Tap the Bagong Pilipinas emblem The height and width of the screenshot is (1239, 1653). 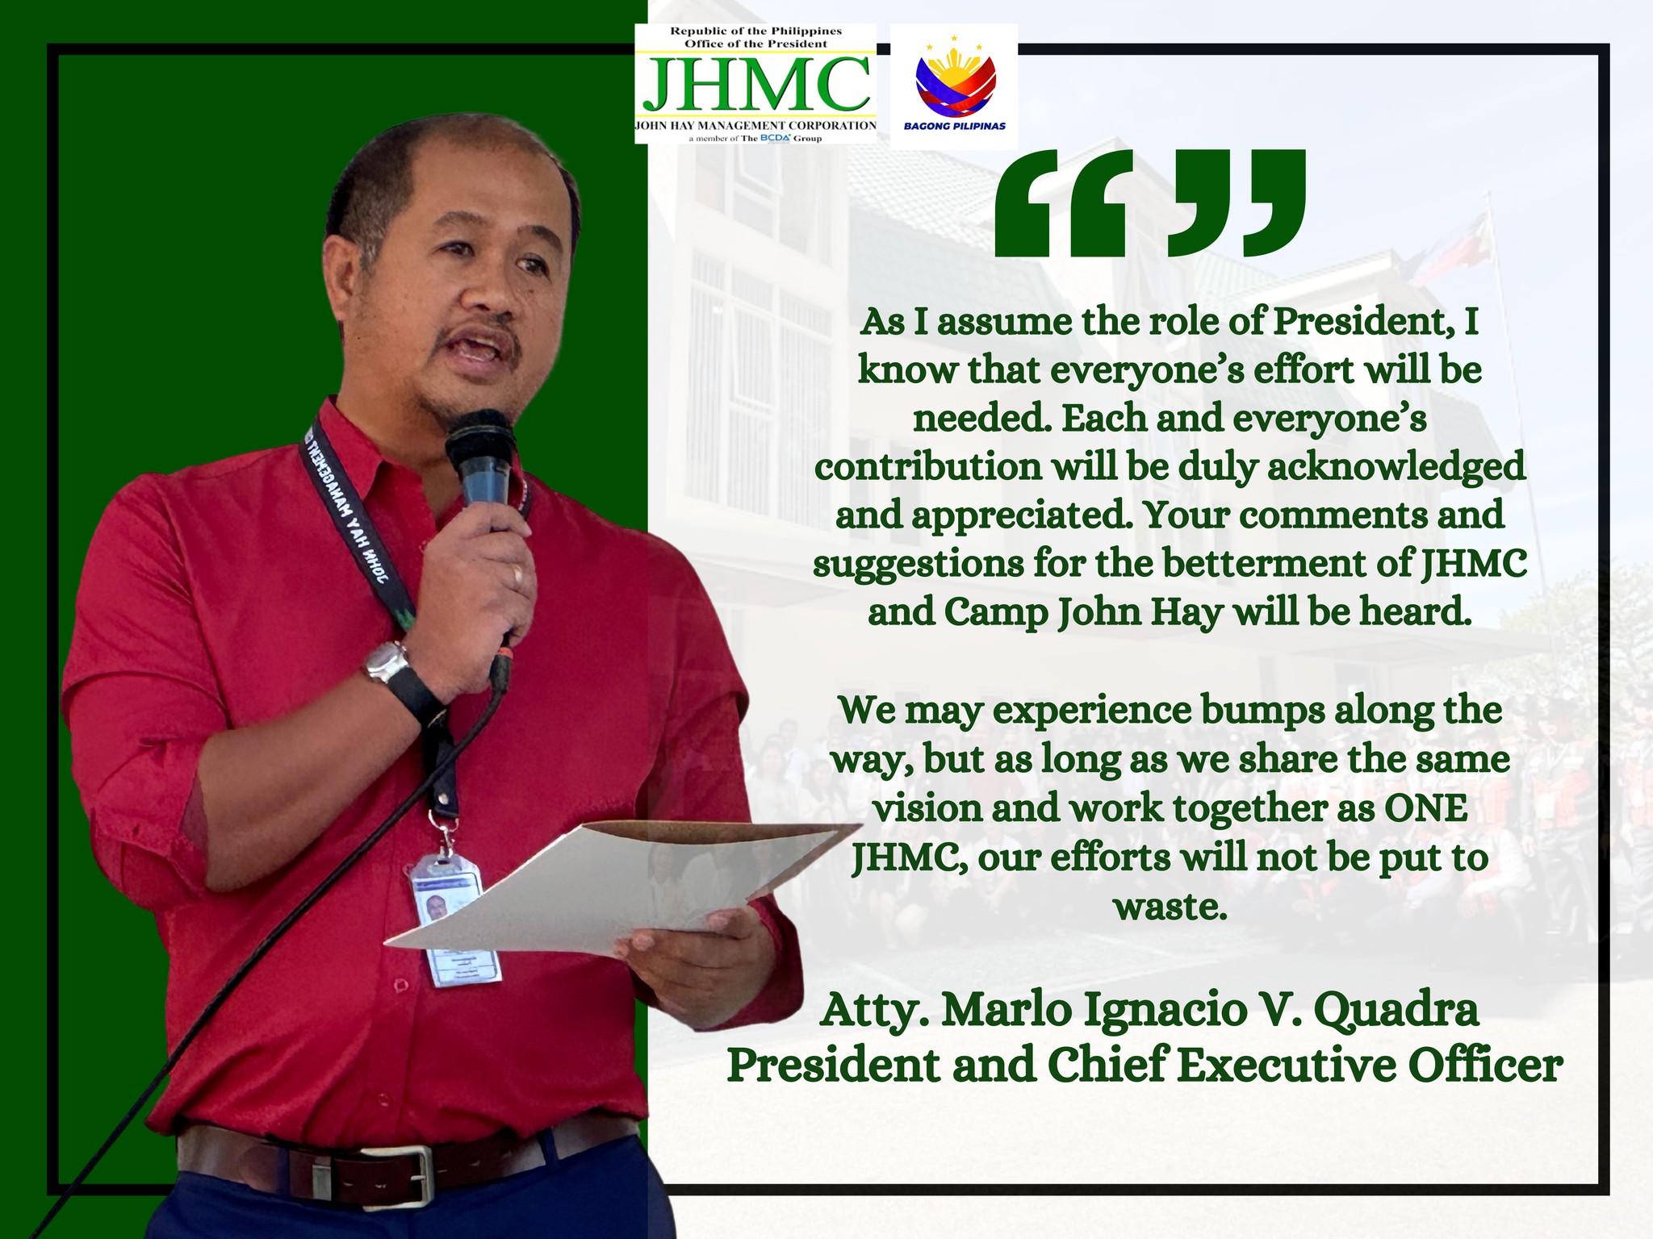[x=955, y=81]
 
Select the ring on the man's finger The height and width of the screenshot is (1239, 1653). [x=517, y=574]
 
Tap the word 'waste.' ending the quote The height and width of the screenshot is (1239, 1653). [x=1170, y=907]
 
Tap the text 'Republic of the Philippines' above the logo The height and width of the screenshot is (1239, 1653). [x=755, y=31]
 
